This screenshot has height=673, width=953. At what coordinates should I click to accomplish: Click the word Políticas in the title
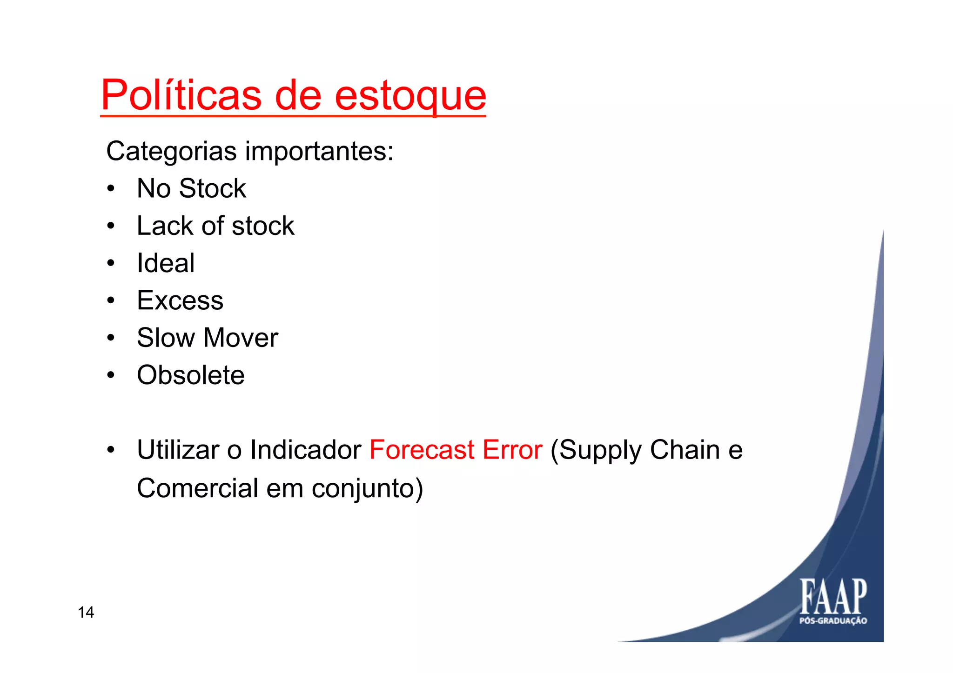coord(181,95)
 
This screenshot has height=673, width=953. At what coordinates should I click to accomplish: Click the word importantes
coord(319,152)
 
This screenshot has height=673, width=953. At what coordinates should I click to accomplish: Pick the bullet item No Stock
coord(191,188)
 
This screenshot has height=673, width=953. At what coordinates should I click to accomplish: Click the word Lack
coord(164,226)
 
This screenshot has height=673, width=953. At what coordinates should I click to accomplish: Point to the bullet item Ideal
coord(166,263)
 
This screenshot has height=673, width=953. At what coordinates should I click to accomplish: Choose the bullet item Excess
coord(180,300)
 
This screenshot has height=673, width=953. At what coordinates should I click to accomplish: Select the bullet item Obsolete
coord(190,375)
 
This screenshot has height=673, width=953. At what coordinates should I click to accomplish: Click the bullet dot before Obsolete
coord(110,375)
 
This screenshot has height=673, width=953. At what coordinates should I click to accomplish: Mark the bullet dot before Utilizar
coord(110,450)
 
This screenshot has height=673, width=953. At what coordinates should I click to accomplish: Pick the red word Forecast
coord(422,450)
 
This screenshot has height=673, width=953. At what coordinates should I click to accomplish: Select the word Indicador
coord(305,450)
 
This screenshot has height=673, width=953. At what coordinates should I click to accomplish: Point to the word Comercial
coord(197,488)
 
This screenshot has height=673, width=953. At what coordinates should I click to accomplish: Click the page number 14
coord(86,613)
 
